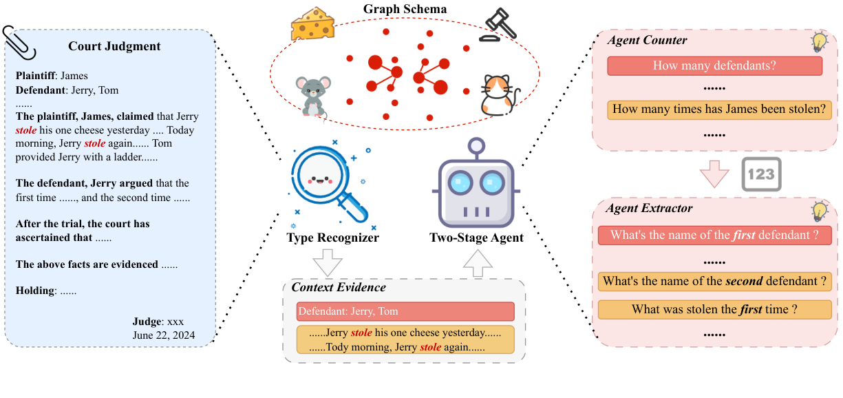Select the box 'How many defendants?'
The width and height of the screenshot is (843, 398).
pyautogui.click(x=714, y=66)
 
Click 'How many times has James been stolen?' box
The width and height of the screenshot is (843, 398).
pyautogui.click(x=718, y=109)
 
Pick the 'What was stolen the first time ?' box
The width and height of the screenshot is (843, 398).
pyautogui.click(x=714, y=310)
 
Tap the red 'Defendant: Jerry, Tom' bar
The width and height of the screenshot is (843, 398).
pyautogui.click(x=405, y=311)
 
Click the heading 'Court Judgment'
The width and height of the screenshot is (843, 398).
pyautogui.click(x=114, y=46)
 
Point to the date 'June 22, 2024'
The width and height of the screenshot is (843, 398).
pyautogui.click(x=163, y=335)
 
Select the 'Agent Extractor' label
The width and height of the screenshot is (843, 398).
pyautogui.click(x=649, y=207)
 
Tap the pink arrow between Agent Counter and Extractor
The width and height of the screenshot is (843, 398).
pyautogui.click(x=714, y=174)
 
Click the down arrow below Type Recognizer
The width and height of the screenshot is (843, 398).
pyautogui.click(x=327, y=262)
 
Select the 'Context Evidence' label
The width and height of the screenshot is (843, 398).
pyautogui.click(x=339, y=287)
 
